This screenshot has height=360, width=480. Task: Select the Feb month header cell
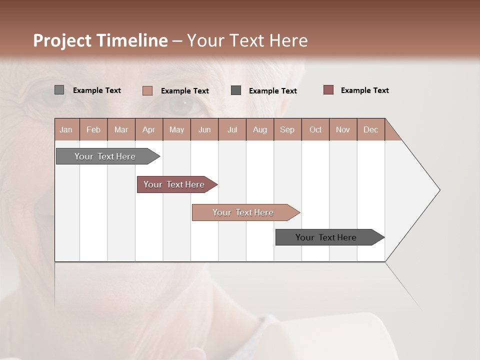93,129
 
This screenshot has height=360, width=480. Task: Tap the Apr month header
149,129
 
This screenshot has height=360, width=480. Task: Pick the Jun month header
204,129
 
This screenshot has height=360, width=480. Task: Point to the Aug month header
260,129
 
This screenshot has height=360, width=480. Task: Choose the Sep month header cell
287,129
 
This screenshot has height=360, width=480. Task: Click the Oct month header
315,129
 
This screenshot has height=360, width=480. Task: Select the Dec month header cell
371,129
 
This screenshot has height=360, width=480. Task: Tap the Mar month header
121,129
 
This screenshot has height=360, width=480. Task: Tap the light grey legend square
59,90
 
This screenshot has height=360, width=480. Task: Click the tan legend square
147,90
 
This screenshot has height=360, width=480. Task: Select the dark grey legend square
236,90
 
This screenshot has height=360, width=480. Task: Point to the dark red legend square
328,90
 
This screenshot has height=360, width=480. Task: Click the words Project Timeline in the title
100,40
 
